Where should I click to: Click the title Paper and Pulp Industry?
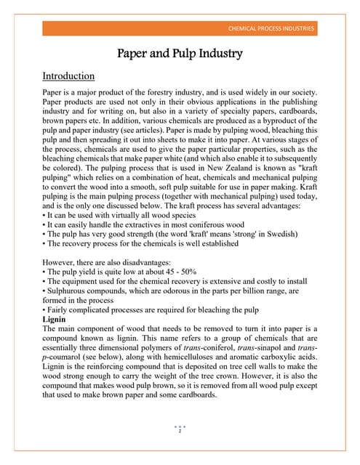[180, 54]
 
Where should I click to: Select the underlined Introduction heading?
[68, 76]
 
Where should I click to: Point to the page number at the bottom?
[180, 432]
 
